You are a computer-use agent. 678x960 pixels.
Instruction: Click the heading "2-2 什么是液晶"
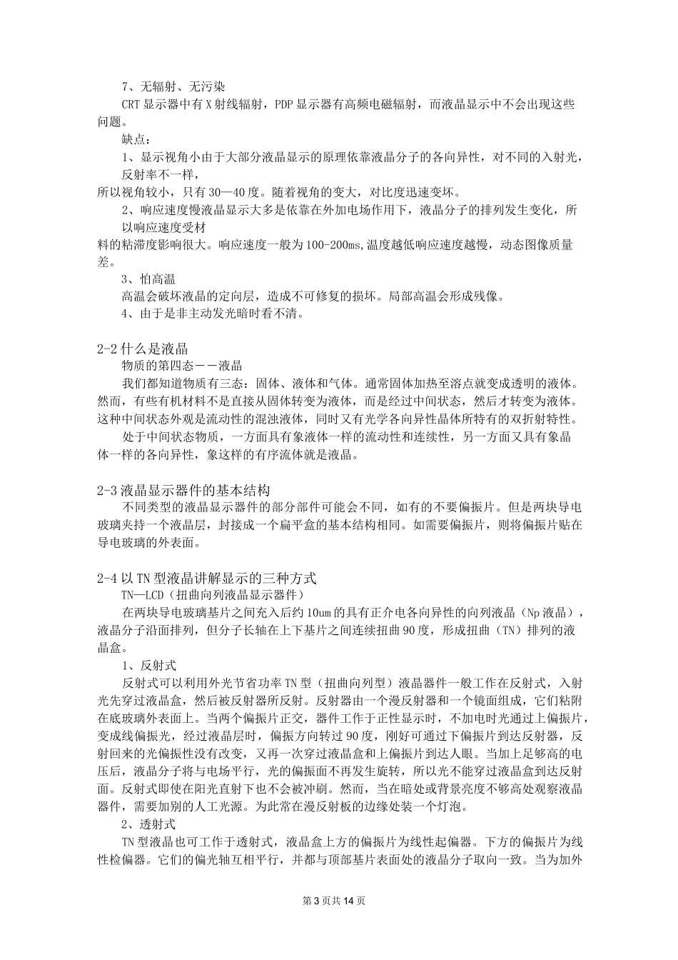pos(142,349)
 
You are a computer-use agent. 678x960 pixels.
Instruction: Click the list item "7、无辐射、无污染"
pos(173,87)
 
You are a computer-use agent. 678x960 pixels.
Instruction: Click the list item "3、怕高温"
pos(148,279)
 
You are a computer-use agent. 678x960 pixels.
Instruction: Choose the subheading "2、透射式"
pos(148,824)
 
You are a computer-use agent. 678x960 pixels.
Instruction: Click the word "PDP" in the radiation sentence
pos(285,104)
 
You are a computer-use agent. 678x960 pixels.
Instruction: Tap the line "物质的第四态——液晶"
pos(182,366)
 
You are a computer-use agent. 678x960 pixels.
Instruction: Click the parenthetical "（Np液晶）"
pos(544,612)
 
